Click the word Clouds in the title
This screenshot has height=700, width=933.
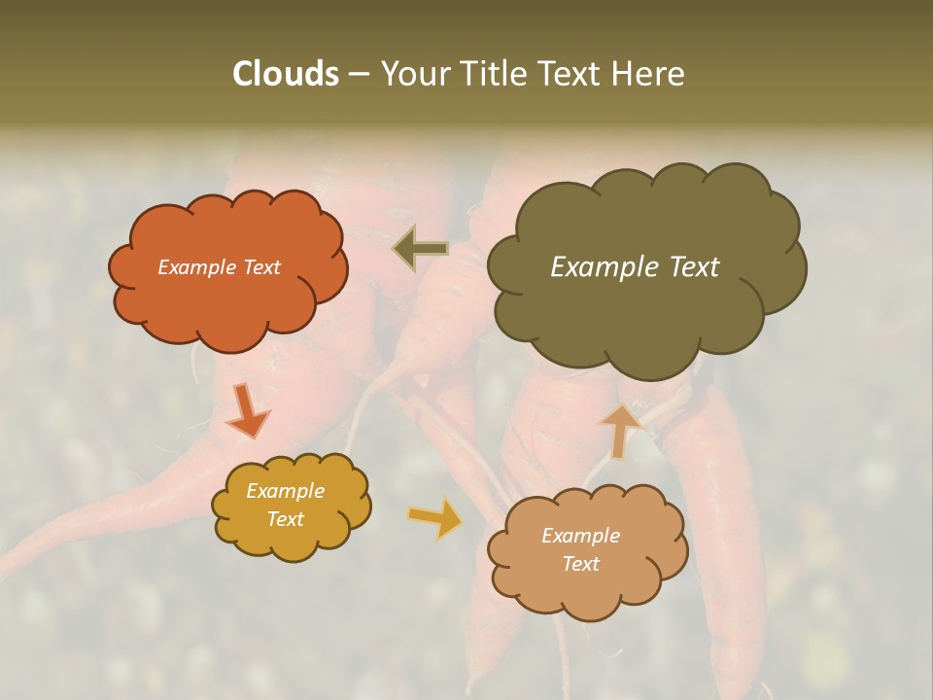tap(285, 74)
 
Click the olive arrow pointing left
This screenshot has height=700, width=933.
tap(421, 249)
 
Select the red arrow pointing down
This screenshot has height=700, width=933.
tap(248, 412)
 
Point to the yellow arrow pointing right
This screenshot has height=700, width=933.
tap(434, 517)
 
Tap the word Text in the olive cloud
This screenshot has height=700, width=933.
tap(691, 267)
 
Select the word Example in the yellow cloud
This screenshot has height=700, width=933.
tap(286, 491)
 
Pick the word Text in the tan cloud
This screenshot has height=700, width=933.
tap(581, 564)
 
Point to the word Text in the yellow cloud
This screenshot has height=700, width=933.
tap(286, 519)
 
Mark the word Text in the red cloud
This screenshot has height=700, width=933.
tap(261, 267)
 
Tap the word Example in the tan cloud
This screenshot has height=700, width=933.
tap(581, 536)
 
